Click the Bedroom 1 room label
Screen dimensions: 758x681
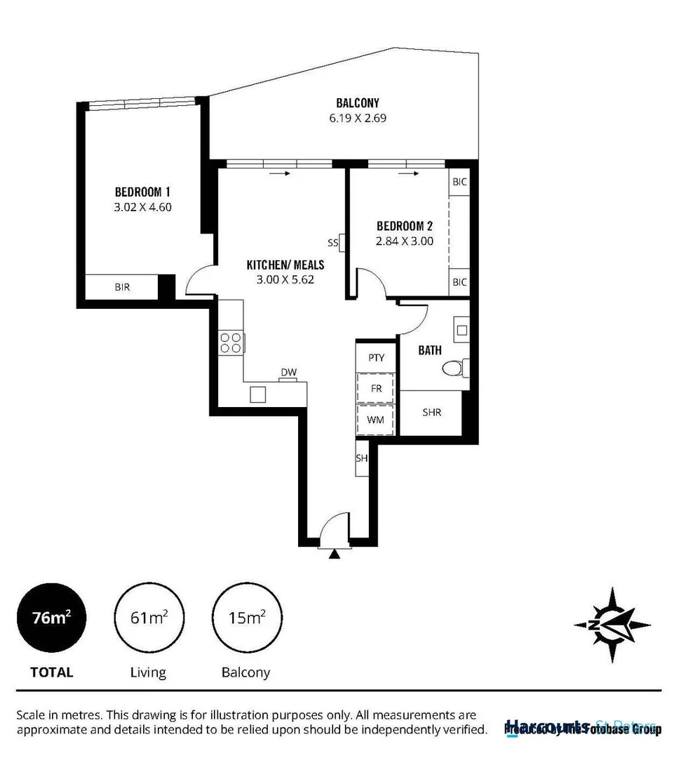point(143,192)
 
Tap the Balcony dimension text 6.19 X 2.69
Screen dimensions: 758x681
point(358,118)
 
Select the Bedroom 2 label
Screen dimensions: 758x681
point(404,226)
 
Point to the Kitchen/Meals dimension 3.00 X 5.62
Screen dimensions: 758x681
point(285,279)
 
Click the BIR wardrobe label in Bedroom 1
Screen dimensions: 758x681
point(122,287)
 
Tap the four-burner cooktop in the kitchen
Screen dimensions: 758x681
point(231,342)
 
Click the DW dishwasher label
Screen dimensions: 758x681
point(288,372)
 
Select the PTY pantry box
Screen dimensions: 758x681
point(377,357)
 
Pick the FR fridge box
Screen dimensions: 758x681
point(376,388)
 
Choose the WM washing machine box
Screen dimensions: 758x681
point(376,419)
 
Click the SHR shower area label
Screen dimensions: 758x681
point(431,413)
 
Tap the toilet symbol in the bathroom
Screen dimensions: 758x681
point(456,367)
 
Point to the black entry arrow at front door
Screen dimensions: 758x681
point(335,554)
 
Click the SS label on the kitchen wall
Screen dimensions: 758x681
point(332,243)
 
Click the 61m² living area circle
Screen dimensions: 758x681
point(149,618)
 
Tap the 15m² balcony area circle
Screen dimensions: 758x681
point(246,618)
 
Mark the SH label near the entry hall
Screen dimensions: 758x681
point(362,458)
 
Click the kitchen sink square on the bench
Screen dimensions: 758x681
point(258,394)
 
